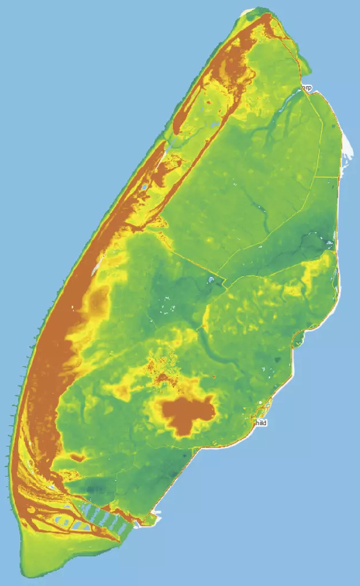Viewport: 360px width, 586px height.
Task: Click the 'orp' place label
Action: [307, 88]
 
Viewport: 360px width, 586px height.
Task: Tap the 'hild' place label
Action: [262, 422]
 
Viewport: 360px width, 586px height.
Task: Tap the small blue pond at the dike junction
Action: [212, 279]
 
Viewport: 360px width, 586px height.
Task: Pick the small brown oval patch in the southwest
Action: [76, 457]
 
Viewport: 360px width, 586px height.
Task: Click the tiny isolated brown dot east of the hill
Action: [213, 377]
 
